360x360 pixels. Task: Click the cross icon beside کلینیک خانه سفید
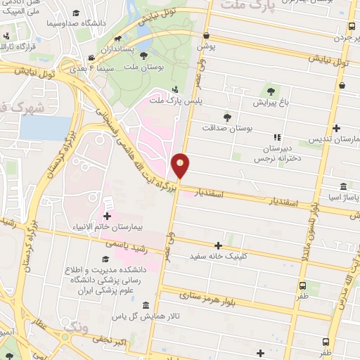[219, 246]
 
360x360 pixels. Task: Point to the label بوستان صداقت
[228, 129]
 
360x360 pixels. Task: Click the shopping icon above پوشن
[205, 36]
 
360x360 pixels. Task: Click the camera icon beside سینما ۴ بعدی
[91, 59]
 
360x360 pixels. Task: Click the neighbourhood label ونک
[77, 328]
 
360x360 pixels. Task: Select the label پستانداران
[111, 50]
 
